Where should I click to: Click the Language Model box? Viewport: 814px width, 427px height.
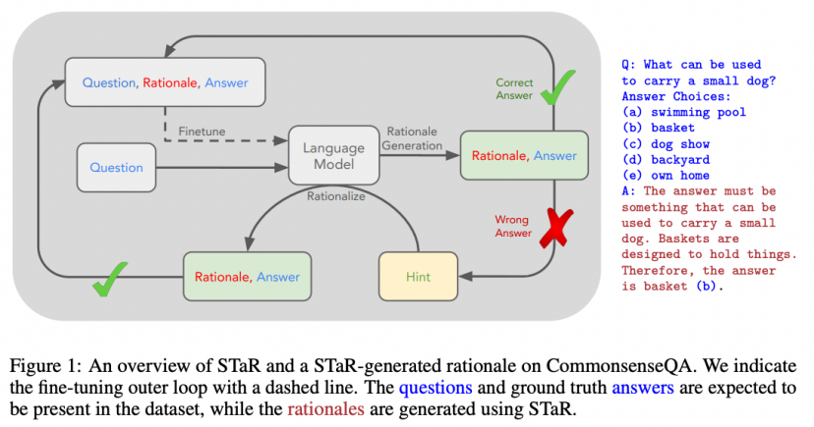(x=334, y=155)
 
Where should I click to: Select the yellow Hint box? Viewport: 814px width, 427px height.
(x=419, y=277)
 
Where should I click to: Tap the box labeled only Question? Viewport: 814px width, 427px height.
(x=116, y=168)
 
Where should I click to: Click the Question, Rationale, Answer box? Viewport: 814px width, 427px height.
(x=165, y=82)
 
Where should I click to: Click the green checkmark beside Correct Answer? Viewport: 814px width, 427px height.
(x=558, y=88)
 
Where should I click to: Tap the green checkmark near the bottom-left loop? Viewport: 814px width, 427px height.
(x=109, y=280)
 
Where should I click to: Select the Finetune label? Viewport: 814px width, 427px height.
(x=202, y=132)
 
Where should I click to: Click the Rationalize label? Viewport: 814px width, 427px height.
(x=336, y=196)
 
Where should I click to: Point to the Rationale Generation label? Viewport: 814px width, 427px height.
(x=412, y=138)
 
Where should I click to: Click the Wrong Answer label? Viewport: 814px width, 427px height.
(x=513, y=227)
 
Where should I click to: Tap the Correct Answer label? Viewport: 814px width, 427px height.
(x=514, y=88)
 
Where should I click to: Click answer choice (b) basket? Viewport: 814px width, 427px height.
(x=659, y=128)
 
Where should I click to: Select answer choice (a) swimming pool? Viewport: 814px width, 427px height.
(x=684, y=113)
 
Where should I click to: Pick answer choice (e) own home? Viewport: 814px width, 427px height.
(x=666, y=176)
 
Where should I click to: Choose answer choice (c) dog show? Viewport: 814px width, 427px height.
(x=666, y=144)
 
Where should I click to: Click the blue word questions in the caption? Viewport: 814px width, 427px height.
(x=436, y=388)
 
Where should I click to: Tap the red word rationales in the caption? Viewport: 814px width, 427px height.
(x=326, y=409)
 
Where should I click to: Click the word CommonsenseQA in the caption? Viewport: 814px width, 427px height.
(x=619, y=366)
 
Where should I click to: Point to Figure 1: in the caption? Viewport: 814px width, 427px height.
(x=45, y=366)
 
